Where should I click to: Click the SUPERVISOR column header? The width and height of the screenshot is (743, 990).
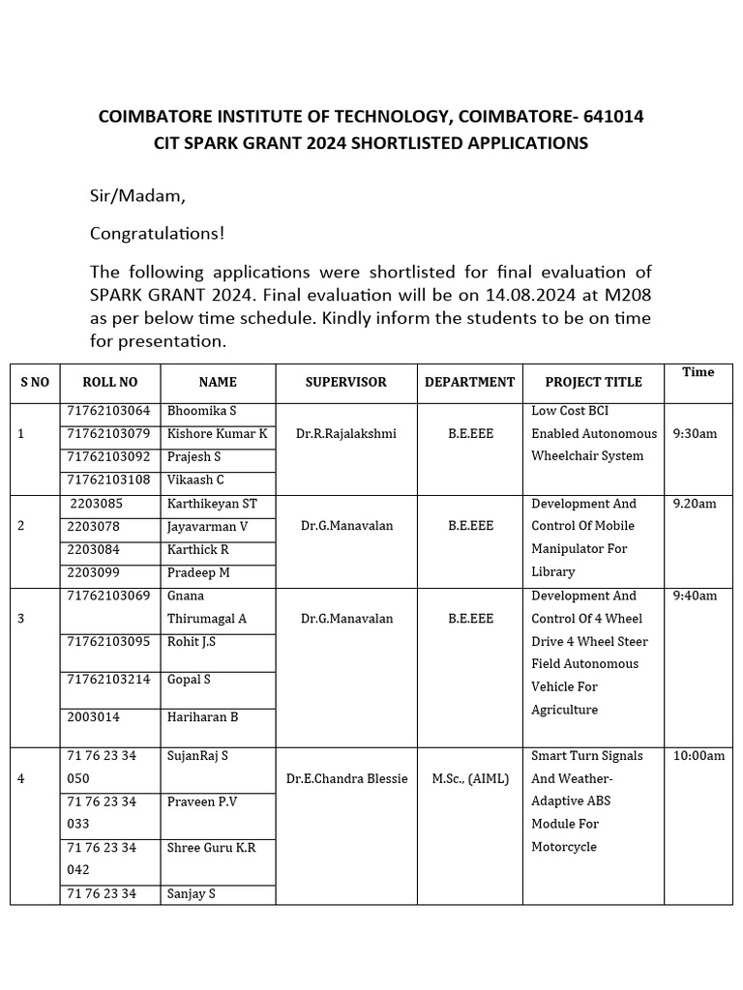point(345,382)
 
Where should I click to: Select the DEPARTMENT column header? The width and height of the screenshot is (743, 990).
point(469,382)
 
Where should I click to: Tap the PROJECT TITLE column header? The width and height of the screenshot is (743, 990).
point(593,382)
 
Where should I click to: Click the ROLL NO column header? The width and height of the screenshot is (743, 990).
point(110,382)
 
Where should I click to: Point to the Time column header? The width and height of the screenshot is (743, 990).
point(698,372)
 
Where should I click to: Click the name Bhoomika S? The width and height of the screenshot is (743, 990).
point(201,411)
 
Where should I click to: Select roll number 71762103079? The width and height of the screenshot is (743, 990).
point(108,433)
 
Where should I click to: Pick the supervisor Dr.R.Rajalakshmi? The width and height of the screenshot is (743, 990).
point(345,433)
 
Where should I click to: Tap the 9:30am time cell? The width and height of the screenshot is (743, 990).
point(695,433)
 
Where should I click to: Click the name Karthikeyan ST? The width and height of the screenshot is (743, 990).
point(212,504)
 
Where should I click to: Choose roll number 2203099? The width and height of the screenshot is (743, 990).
point(94,571)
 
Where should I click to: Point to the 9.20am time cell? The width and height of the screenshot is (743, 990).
point(695,504)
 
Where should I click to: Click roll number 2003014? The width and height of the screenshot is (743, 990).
point(94,716)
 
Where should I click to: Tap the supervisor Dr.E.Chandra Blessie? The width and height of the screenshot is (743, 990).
point(346,778)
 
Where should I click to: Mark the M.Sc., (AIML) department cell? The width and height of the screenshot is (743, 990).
point(469,778)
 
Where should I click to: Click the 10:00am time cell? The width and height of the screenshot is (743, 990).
point(698,755)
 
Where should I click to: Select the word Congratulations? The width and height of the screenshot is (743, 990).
point(157,233)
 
